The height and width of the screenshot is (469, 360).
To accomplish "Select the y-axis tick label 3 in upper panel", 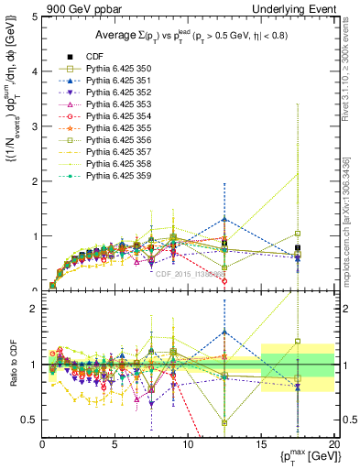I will pyautogui.click(x=33, y=126).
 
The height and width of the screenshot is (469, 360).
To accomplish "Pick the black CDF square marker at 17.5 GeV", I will pyautogui.click(x=298, y=248).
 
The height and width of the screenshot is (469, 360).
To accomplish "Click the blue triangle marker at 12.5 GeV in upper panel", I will pyautogui.click(x=224, y=220).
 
